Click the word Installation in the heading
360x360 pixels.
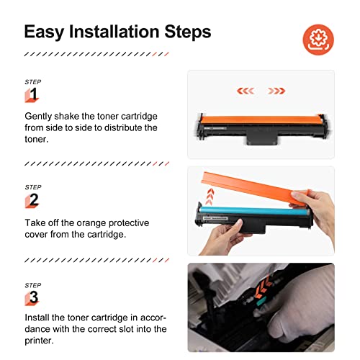(114, 32)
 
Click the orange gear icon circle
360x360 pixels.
(318, 40)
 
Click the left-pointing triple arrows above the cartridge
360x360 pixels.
(246, 91)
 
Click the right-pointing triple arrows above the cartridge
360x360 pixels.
(276, 91)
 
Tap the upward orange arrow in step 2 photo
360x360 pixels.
(210, 197)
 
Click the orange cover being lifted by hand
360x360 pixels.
(254, 188)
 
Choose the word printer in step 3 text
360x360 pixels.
(38, 341)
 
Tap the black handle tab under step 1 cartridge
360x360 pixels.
(263, 138)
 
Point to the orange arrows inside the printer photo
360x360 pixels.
(263, 287)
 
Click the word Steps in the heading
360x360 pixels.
(188, 32)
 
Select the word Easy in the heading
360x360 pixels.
(44, 32)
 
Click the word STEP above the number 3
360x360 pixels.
(33, 285)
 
